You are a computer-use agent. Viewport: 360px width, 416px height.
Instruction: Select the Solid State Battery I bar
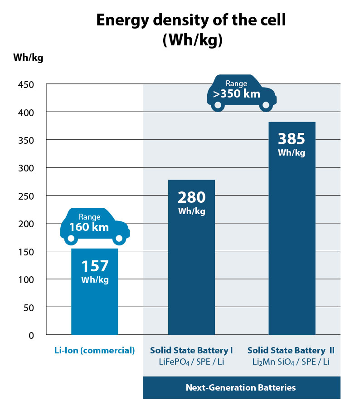(191, 272)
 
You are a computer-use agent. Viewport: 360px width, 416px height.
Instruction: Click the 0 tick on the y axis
(31, 335)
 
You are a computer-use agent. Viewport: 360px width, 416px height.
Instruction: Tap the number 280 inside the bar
(191, 197)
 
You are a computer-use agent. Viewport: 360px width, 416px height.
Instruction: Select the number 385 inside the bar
(291, 139)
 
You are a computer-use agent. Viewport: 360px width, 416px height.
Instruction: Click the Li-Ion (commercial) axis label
(94, 350)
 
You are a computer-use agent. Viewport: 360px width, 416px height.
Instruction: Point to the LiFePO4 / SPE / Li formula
(191, 361)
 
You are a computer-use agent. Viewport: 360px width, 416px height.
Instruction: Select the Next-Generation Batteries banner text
(241, 387)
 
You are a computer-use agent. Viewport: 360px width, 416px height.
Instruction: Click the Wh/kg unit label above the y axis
(28, 58)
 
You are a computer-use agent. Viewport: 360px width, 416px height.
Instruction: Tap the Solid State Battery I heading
(191, 350)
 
